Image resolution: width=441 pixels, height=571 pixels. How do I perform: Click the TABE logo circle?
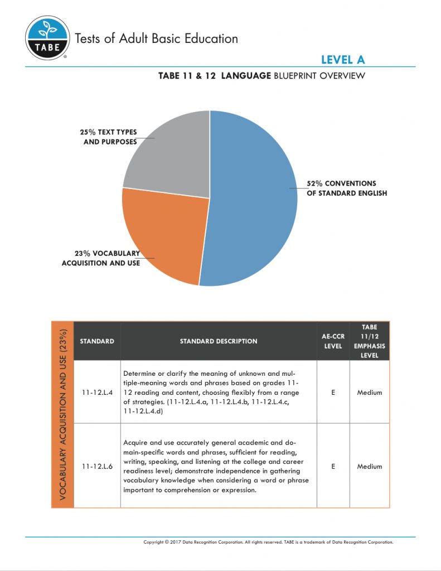[48, 38]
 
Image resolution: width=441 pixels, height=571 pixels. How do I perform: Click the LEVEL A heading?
[342, 60]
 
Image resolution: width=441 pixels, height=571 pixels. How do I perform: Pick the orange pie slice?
[164, 234]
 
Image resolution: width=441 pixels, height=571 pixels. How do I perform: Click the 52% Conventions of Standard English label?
[346, 188]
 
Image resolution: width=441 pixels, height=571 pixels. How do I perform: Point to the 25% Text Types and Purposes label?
[108, 137]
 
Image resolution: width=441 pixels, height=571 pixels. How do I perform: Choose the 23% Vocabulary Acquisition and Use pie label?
[101, 258]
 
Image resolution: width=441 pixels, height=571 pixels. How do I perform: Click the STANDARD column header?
[97, 341]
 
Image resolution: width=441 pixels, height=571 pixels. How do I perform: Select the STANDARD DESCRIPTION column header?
[219, 341]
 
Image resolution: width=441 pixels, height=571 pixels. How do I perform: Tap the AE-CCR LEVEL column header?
[333, 341]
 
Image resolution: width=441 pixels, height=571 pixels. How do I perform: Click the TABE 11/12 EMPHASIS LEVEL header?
[369, 341]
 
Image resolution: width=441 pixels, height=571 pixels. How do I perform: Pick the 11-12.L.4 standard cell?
[97, 393]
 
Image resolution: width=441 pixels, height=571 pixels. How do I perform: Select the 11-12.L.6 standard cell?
[97, 466]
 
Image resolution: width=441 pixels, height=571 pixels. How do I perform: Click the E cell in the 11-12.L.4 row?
[333, 393]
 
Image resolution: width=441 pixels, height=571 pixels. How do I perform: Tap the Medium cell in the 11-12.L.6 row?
[369, 466]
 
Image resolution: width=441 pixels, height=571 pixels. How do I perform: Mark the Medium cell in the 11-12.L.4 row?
[369, 393]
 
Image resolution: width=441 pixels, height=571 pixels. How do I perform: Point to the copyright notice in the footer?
[268, 542]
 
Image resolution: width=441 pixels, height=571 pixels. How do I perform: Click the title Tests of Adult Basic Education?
[156, 38]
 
